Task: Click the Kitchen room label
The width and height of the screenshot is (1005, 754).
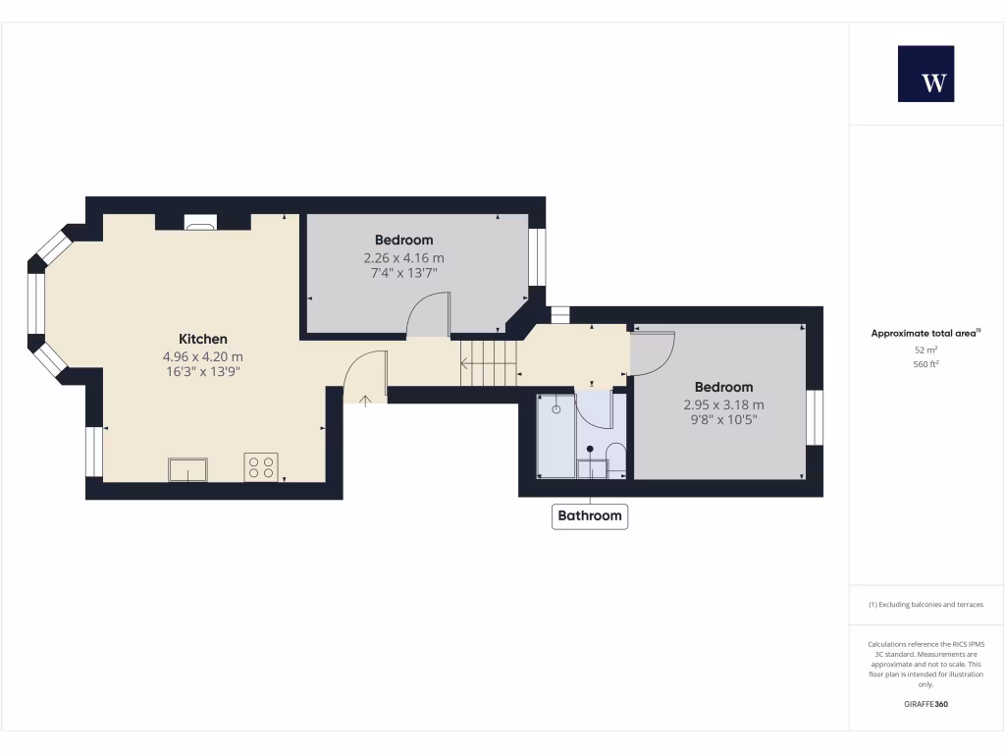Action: [x=203, y=339]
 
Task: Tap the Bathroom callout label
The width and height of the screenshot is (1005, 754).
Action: [x=590, y=515]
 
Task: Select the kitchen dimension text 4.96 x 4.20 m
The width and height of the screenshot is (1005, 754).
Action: [x=203, y=356]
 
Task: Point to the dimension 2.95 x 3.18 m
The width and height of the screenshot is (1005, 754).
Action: [x=724, y=404]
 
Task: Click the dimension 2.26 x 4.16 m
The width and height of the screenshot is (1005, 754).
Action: [x=403, y=258]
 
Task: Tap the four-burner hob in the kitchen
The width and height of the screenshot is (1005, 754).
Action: [x=261, y=467]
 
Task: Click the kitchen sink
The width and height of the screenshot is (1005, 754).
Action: [x=187, y=470]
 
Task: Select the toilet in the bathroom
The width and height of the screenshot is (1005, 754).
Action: [x=616, y=458]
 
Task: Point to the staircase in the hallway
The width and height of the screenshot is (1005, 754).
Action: [x=488, y=362]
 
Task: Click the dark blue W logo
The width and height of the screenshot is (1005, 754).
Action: [x=926, y=74]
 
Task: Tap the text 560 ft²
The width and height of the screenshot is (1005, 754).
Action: [x=926, y=364]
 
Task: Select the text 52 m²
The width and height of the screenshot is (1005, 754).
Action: [x=926, y=350]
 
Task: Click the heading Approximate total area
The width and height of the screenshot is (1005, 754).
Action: [x=926, y=334]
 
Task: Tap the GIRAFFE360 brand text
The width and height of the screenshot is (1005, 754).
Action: [x=926, y=704]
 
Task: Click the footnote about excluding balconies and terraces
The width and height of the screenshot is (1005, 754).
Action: [x=926, y=605]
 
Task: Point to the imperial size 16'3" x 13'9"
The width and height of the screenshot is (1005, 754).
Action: [x=203, y=372]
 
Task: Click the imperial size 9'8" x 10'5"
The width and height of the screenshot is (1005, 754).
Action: [x=724, y=420]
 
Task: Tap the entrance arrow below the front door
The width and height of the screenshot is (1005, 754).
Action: [x=365, y=399]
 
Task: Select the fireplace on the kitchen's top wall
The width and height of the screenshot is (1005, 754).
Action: [x=200, y=223]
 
